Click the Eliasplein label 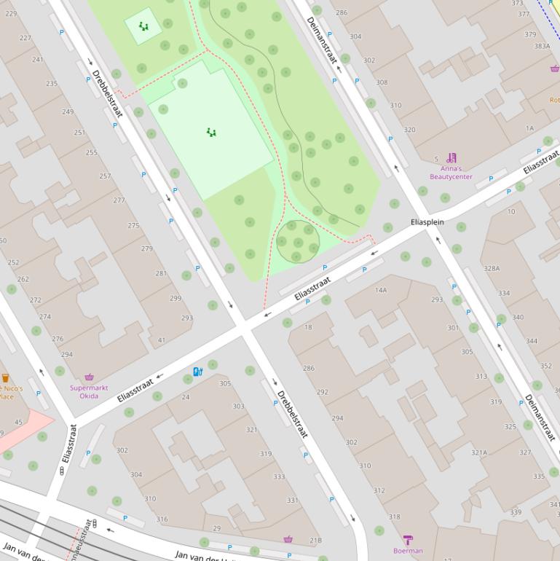[427, 221]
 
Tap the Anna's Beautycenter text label [451, 173]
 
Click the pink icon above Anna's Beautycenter [451, 157]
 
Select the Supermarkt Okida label [89, 392]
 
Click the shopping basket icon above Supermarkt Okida [89, 377]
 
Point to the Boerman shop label [407, 551]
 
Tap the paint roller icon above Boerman [408, 539]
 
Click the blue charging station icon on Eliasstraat [197, 372]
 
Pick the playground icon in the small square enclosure [143, 26]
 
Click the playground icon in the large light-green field [211, 133]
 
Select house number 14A [381, 290]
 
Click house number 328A [492, 268]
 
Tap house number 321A [478, 452]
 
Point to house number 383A [542, 45]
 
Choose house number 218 [315, 540]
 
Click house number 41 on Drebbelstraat [162, 340]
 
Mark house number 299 [176, 298]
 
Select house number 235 [52, 84]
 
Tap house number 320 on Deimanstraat [409, 130]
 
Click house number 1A [529, 128]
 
